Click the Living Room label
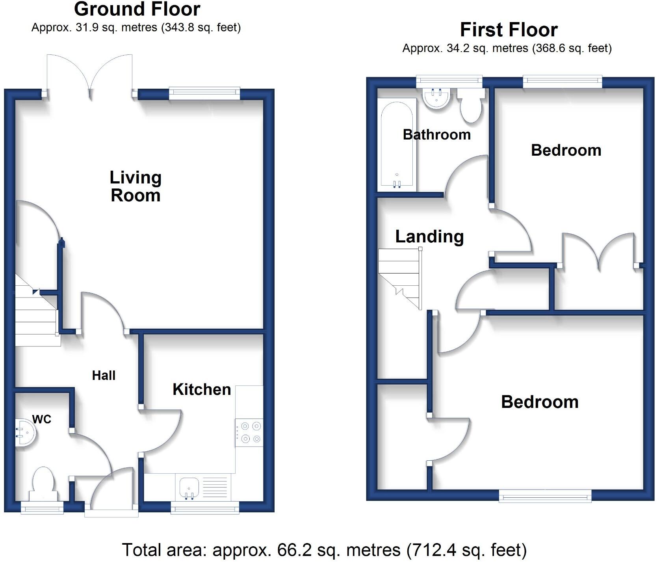pyautogui.click(x=136, y=186)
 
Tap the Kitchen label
pyautogui.click(x=202, y=389)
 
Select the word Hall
pyautogui.click(x=104, y=375)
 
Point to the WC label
pyautogui.click(x=42, y=419)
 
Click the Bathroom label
pyautogui.click(x=436, y=135)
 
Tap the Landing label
pyautogui.click(x=429, y=236)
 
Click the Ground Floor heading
pyautogui.click(x=137, y=9)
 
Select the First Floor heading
pyautogui.click(x=509, y=30)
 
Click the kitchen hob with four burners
pyautogui.click(x=249, y=432)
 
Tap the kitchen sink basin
pyautogui.click(x=189, y=487)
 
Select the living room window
pyautogui.click(x=204, y=93)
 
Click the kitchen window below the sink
pyautogui.click(x=205, y=508)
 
